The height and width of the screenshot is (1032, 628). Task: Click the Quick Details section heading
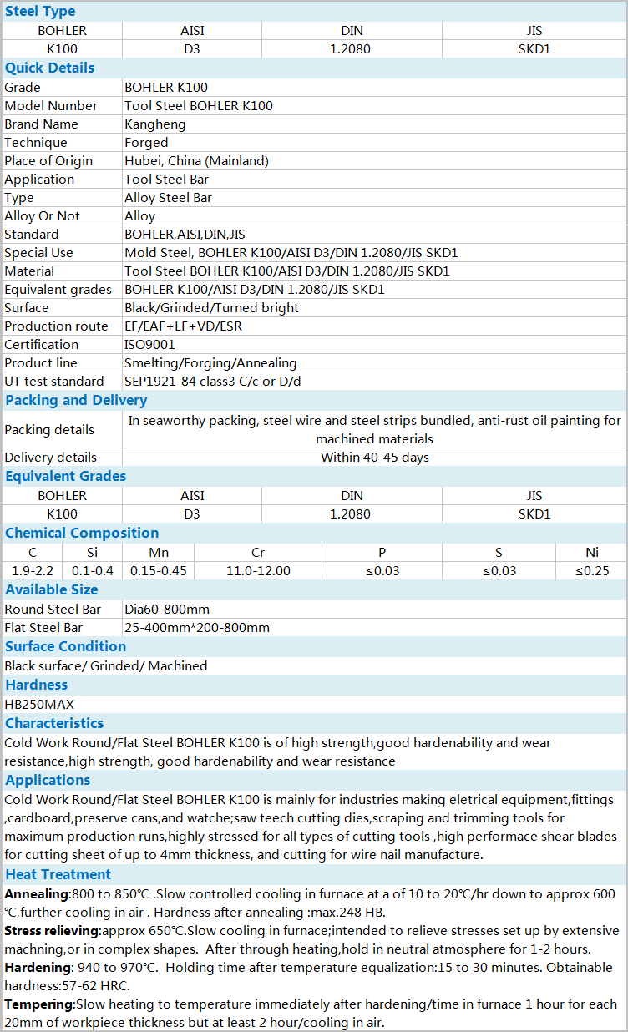coord(50,68)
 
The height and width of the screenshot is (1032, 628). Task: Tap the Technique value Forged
coord(146,143)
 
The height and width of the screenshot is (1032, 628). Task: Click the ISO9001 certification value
coord(150,345)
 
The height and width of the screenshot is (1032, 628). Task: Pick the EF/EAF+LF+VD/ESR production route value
coord(183,326)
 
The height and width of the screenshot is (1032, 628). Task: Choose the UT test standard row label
coord(54,382)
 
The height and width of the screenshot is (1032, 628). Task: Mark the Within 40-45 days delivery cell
coord(374,458)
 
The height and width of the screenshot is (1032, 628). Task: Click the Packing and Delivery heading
coord(76,400)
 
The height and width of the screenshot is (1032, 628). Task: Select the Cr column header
coord(258,553)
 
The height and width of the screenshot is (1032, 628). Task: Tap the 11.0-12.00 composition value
coord(258,571)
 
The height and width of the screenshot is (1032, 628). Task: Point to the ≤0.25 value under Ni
coord(592,571)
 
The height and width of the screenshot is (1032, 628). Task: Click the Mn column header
coord(159,553)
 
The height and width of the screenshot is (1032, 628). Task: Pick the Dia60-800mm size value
coord(167,610)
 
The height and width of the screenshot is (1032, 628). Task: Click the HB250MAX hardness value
coord(39,705)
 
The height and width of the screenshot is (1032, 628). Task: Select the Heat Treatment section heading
coord(58,874)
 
